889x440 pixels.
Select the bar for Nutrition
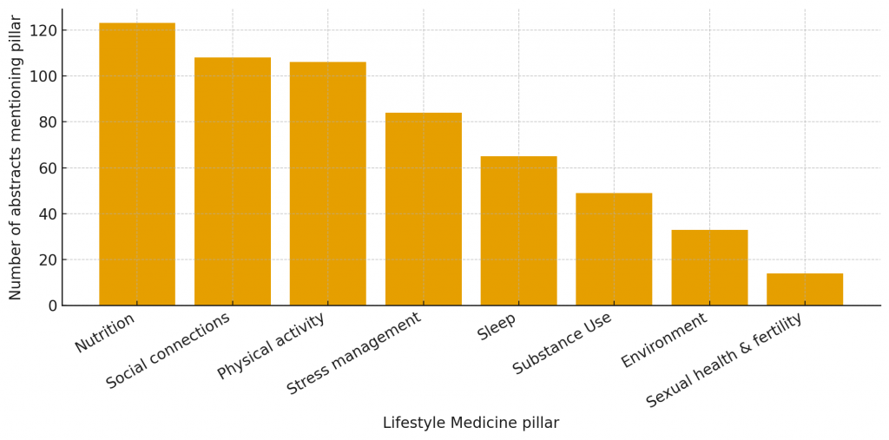coord(137,164)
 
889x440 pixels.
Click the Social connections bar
coord(233,181)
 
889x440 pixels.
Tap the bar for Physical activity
coord(328,183)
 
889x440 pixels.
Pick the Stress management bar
coord(424,209)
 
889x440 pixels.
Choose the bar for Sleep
coord(518,231)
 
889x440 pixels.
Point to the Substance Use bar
coord(614,249)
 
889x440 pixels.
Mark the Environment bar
coord(709,267)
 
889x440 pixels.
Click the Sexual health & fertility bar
coord(805,289)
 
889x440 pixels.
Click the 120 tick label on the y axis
coord(43,30)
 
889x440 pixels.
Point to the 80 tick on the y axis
coord(47,122)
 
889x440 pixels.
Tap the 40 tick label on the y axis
coord(47,214)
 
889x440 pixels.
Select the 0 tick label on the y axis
coord(51,305)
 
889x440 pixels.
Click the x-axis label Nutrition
coord(105,333)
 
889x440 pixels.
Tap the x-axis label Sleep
coord(497,327)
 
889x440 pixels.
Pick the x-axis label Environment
coord(664,340)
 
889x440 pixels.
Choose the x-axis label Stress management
coord(354,353)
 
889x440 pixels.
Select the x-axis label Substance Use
coord(563,344)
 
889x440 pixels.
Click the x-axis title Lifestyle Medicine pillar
coord(471,424)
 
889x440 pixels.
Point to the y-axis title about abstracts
coord(16,157)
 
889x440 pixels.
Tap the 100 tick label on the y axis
coord(43,76)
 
